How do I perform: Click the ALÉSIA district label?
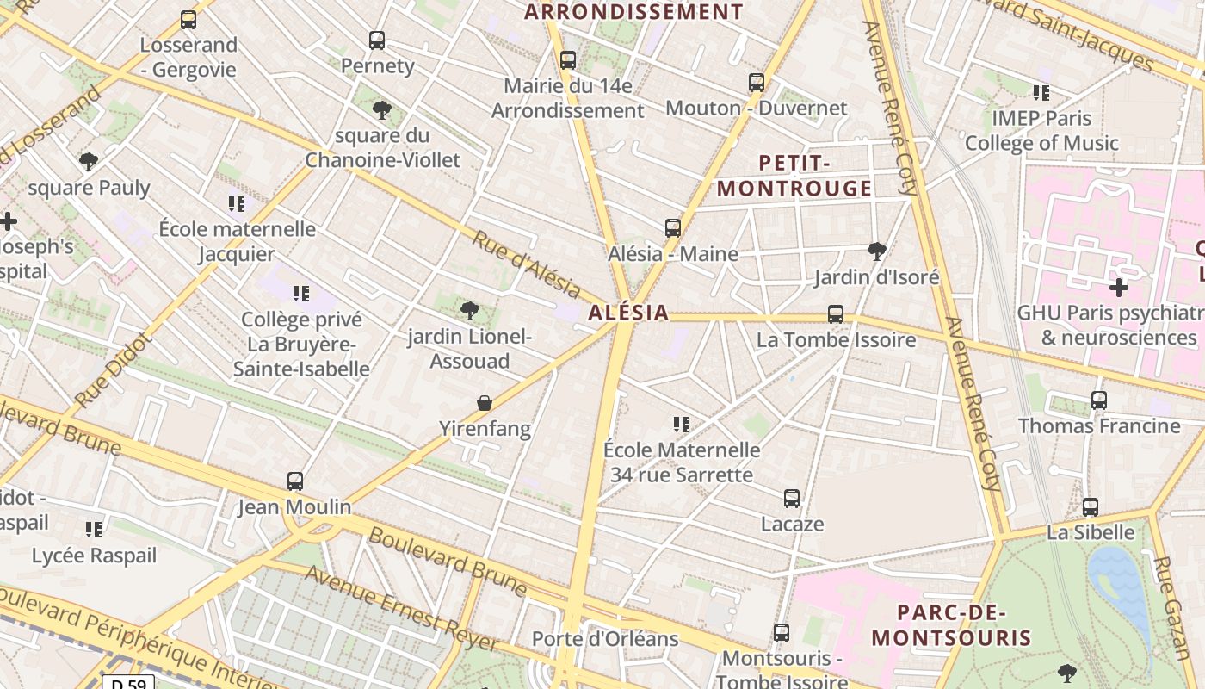pyautogui.click(x=628, y=313)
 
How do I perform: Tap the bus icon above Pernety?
pyautogui.click(x=377, y=40)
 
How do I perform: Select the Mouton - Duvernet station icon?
pyautogui.click(x=757, y=83)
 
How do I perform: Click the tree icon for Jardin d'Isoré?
pyautogui.click(x=877, y=251)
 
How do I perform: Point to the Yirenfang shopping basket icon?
pyautogui.click(x=485, y=403)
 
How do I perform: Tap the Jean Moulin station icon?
pyautogui.click(x=295, y=481)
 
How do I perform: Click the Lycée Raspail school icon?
pyautogui.click(x=94, y=529)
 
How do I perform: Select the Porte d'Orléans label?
pyautogui.click(x=605, y=639)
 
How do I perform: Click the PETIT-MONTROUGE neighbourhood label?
pyautogui.click(x=794, y=176)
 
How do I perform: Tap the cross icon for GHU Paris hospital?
pyautogui.click(x=1118, y=287)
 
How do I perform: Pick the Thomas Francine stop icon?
pyautogui.click(x=1099, y=400)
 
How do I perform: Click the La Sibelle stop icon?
pyautogui.click(x=1091, y=507)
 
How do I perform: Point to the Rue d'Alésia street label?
pyautogui.click(x=526, y=264)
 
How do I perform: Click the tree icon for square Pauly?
pyautogui.click(x=89, y=161)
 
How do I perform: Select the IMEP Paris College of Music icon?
pyautogui.click(x=1041, y=92)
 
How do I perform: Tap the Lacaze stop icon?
pyautogui.click(x=792, y=499)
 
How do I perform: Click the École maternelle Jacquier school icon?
pyautogui.click(x=237, y=204)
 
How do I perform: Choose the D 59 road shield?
pyautogui.click(x=128, y=684)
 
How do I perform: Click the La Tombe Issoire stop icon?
pyautogui.click(x=836, y=314)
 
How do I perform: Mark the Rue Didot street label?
pyautogui.click(x=114, y=371)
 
